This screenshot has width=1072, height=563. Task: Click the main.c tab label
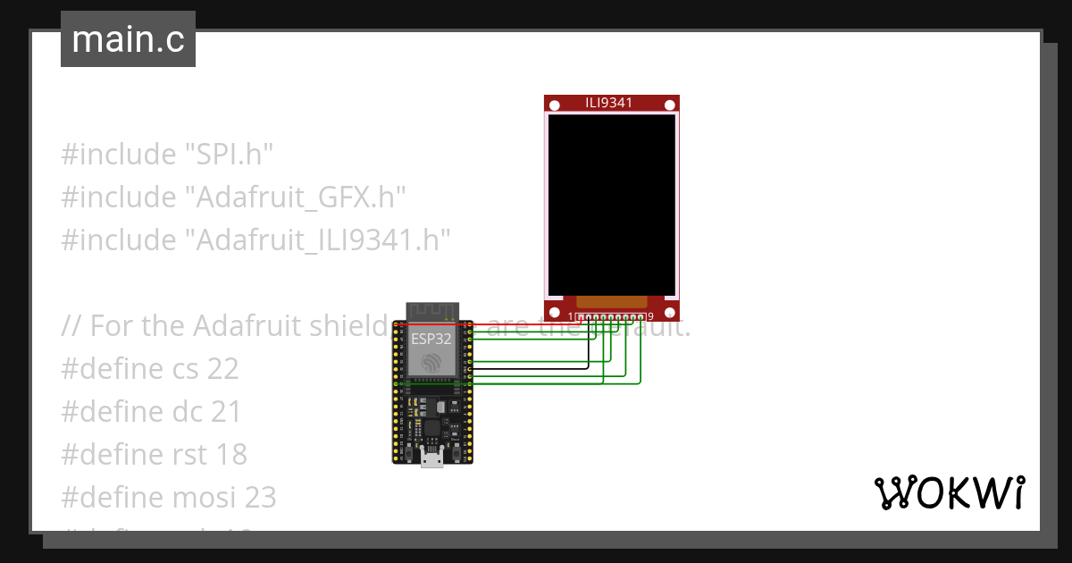click(128, 39)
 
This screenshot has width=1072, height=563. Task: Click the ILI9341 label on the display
click(609, 103)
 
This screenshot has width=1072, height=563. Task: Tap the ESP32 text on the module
click(431, 339)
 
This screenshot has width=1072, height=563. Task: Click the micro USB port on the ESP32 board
click(432, 459)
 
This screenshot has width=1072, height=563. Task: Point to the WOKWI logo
click(949, 493)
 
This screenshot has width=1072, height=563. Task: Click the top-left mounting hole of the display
click(555, 105)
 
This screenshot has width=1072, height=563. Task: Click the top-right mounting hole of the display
click(669, 105)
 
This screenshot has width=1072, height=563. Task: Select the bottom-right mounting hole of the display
click(669, 312)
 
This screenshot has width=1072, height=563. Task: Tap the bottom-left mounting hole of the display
click(555, 312)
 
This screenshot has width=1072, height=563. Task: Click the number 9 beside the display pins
click(650, 316)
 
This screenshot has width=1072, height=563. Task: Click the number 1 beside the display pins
click(571, 316)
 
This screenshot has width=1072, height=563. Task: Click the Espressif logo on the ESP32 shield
click(432, 362)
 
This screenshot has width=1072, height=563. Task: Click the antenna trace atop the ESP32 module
click(432, 312)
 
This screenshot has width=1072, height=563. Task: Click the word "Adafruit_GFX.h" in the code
click(296, 197)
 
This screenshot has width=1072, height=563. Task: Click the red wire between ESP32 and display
click(518, 325)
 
